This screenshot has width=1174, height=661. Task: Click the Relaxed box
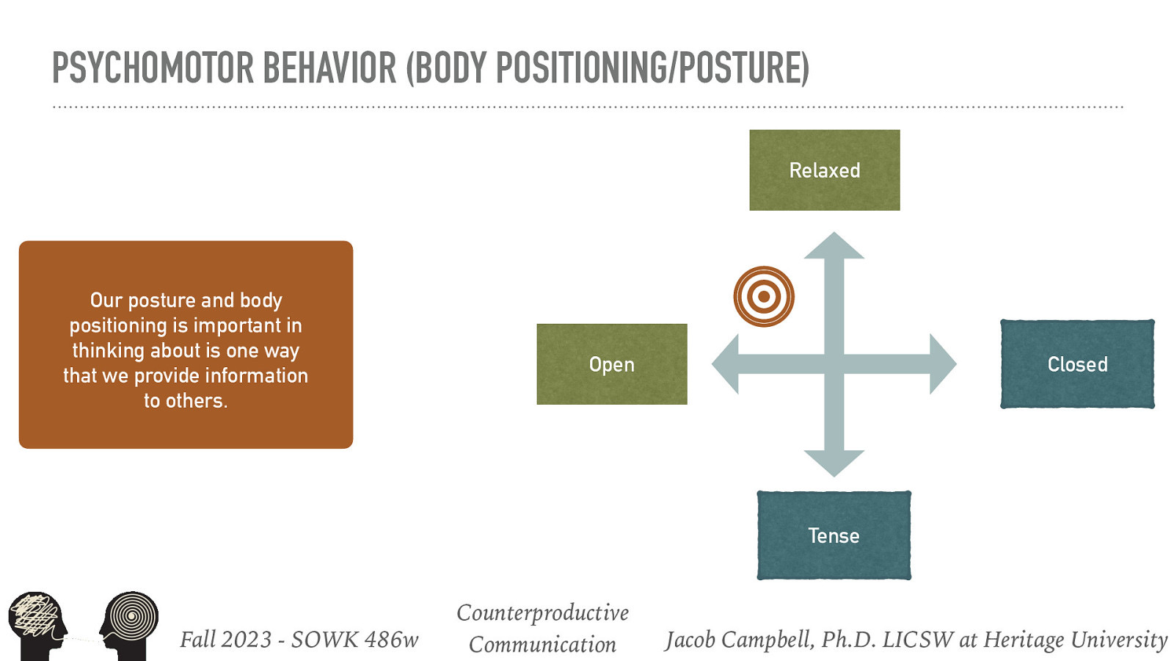[824, 170]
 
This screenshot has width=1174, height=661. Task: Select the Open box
[611, 364]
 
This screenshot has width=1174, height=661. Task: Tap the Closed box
[1077, 364]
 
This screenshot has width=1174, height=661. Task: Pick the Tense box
[834, 535]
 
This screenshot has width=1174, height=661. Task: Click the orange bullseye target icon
[764, 297]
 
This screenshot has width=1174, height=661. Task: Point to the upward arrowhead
[834, 248]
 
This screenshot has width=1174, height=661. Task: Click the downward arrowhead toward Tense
[834, 462]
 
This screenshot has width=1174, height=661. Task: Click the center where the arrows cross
[834, 364]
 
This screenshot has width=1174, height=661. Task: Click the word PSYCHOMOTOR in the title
[152, 68]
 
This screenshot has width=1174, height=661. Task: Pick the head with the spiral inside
[130, 623]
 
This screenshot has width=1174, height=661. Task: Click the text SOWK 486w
[354, 639]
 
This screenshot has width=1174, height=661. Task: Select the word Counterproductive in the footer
[542, 613]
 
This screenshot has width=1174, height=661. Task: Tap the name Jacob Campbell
[739, 639]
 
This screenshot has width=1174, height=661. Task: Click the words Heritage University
[1075, 639]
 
